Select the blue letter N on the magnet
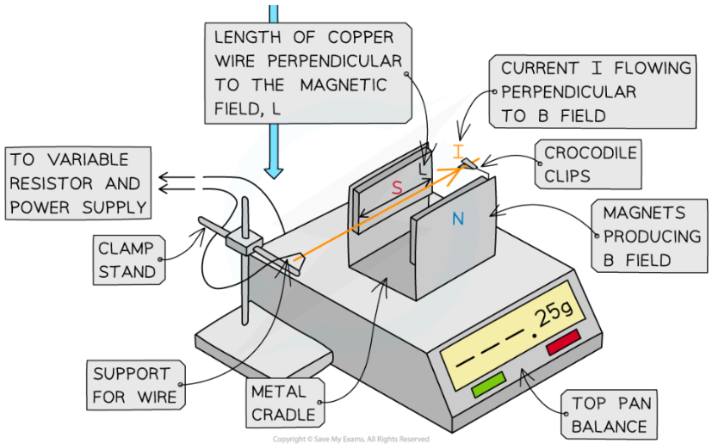point(457,219)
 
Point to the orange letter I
point(458,153)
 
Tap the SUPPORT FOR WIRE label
point(134,386)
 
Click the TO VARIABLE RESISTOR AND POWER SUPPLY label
point(75,183)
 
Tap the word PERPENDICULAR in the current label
point(569,91)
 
